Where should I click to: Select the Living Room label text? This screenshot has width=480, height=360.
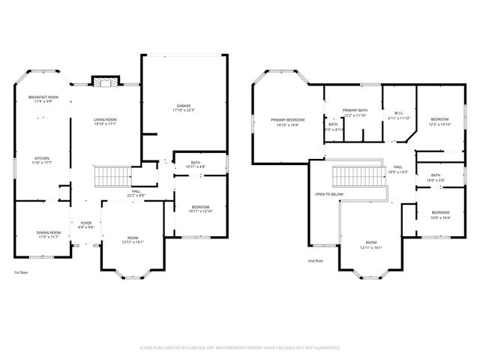pos(106,121)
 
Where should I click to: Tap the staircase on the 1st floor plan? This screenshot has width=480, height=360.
pos(110,177)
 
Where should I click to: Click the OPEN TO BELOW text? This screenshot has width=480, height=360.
pos(328,193)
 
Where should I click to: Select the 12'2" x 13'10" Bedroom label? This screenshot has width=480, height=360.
pos(439,121)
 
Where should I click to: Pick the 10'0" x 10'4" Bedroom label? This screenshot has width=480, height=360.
pos(440,214)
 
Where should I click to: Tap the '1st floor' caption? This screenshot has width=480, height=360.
pos(22,272)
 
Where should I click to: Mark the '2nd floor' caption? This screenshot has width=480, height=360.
pos(316,260)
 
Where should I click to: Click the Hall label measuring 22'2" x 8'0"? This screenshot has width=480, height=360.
pos(136,193)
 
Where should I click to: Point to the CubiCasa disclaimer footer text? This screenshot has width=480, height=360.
pos(240,348)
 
